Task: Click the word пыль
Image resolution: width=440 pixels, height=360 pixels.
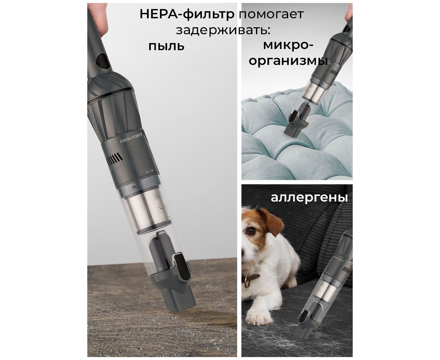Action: (166, 46)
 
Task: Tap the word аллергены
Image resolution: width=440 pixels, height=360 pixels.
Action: (309, 197)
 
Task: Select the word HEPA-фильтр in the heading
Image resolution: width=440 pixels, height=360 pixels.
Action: (187, 14)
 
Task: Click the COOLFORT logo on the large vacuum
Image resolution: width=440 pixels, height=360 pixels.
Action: (131, 138)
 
